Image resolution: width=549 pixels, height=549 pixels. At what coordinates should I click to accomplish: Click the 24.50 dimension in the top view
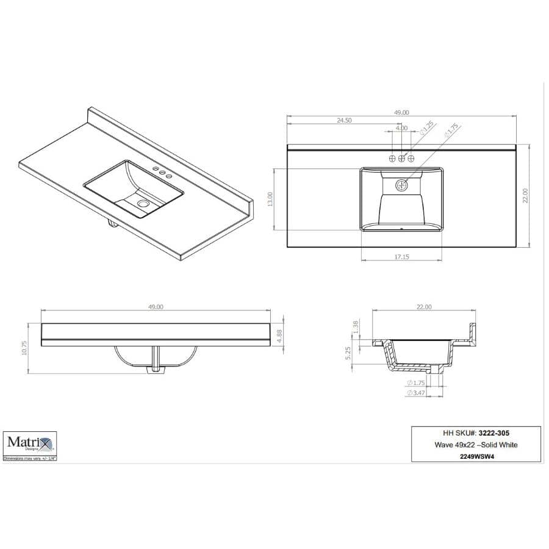coord(344,121)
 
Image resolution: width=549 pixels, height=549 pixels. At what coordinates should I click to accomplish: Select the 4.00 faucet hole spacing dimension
coord(401,129)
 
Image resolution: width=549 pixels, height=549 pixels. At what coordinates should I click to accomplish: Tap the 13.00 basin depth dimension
coord(270,198)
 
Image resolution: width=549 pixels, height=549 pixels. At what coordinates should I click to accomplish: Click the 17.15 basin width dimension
coord(401,257)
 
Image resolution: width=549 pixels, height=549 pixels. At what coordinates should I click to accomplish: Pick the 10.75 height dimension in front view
coord(24,347)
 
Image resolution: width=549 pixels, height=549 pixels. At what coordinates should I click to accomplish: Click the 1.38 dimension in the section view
coord(356,328)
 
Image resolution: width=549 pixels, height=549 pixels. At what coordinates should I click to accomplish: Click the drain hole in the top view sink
coord(401,184)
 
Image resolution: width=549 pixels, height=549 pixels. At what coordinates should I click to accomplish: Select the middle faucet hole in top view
coord(401,159)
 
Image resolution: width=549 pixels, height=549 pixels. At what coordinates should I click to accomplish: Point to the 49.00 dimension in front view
coord(156,307)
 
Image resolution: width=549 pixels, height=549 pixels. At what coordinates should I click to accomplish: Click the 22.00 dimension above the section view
coord(424,307)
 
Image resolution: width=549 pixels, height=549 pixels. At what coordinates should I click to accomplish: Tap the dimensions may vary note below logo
coord(30,457)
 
